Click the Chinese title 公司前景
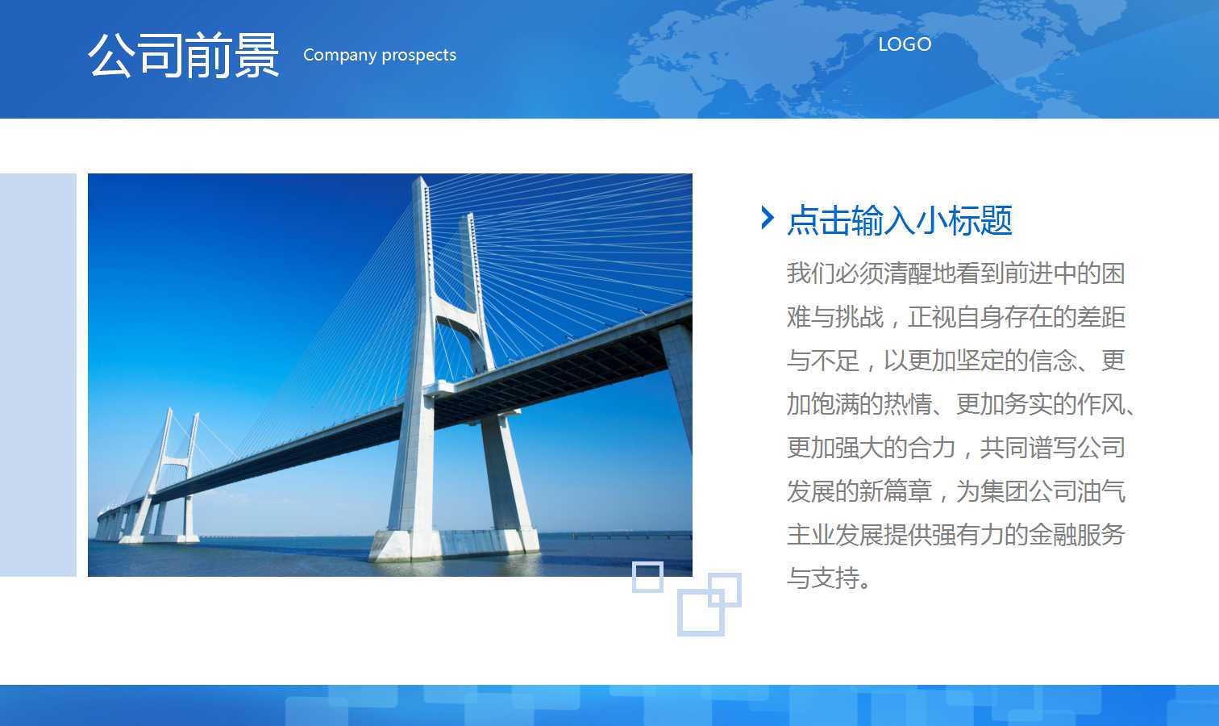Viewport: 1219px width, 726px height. click(183, 55)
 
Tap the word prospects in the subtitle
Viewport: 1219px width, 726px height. click(419, 56)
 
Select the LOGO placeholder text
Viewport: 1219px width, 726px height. click(905, 44)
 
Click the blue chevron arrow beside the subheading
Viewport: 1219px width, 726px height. click(768, 218)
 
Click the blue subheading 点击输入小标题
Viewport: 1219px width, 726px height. click(900, 220)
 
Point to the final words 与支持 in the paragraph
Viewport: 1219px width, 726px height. click(823, 578)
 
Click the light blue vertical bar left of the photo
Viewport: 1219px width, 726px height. click(38, 375)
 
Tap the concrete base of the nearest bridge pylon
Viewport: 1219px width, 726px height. click(455, 544)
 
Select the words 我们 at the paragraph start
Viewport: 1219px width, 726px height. click(811, 273)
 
